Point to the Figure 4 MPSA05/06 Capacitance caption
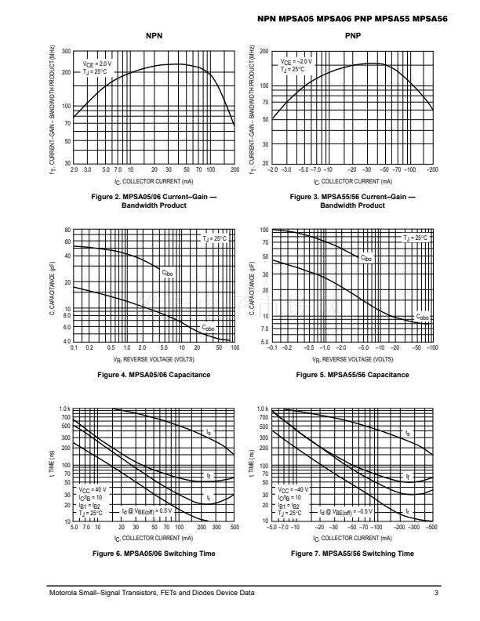pos(154,375)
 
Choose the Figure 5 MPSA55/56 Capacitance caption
pos(352,375)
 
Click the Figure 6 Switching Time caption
pos(154,554)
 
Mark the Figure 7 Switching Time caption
pos(352,554)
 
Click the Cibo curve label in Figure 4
pos(167,273)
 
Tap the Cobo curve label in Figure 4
pos(208,328)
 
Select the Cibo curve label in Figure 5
pos(366,257)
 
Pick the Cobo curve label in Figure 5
pos(422,317)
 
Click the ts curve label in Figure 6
pos(208,432)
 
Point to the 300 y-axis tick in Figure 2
pos(66,52)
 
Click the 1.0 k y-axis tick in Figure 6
pos(65,409)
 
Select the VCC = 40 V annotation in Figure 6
pos(94,489)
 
